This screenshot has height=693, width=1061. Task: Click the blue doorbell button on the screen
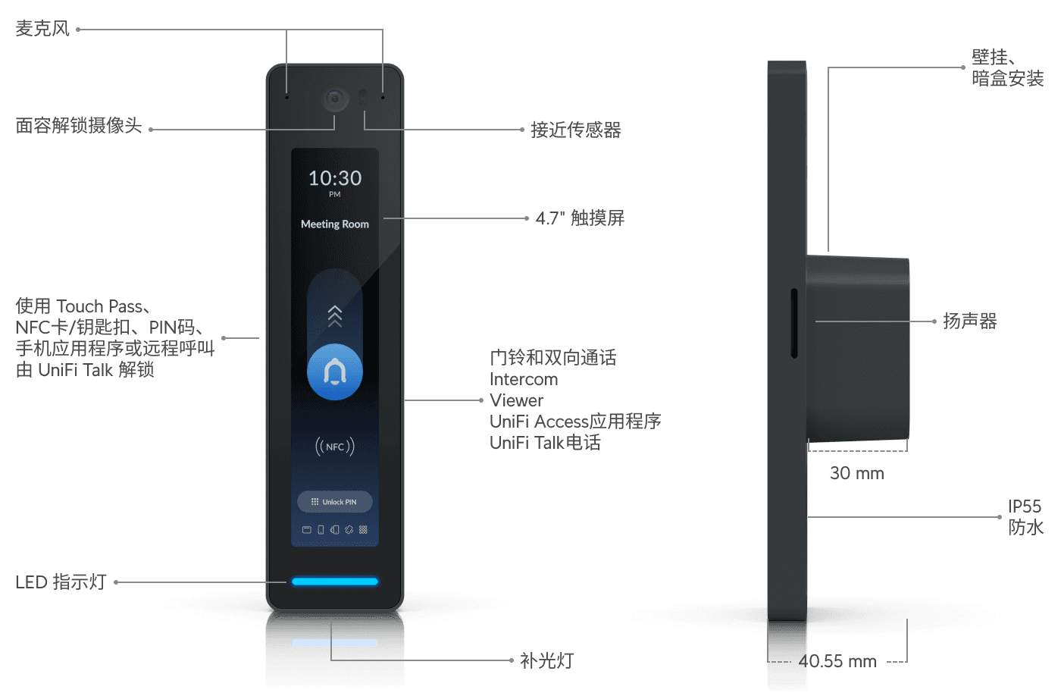(335, 372)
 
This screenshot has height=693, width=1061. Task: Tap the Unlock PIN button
(335, 502)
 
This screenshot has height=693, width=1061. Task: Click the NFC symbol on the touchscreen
(335, 447)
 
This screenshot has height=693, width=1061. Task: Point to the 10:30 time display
(335, 179)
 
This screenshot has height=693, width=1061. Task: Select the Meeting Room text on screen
(335, 224)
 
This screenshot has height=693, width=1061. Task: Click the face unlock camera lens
(335, 99)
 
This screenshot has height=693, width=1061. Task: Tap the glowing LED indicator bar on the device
(335, 582)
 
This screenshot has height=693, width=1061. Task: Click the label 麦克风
(42, 29)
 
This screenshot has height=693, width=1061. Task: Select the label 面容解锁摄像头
(79, 126)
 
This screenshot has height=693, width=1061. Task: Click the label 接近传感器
(576, 130)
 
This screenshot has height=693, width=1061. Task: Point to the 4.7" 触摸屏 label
(581, 218)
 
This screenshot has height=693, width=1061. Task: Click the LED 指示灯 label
(61, 582)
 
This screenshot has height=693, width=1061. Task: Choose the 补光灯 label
(547, 661)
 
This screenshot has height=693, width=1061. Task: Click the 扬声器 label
(970, 321)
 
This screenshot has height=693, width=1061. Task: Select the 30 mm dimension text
(856, 473)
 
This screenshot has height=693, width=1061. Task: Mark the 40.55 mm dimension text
(837, 661)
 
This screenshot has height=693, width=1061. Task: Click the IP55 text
(1024, 506)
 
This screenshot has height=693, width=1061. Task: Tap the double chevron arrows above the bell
(335, 315)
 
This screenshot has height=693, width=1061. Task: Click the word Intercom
(524, 379)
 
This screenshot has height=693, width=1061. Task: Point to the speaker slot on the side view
(794, 322)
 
